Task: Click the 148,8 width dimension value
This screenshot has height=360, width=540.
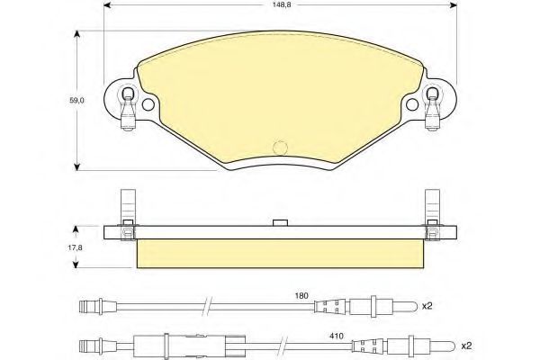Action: [x=280, y=5]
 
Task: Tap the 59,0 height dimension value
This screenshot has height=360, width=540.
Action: [x=76, y=101]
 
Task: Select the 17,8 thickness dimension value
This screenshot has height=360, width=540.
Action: [x=76, y=247]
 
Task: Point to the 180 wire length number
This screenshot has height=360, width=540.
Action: [x=301, y=295]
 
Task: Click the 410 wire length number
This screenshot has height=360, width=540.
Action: [x=337, y=336]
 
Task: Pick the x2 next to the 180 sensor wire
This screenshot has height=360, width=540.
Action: [x=427, y=306]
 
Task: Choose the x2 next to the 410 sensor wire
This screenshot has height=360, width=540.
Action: [x=466, y=346]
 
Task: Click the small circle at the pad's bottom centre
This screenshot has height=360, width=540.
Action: [x=280, y=148]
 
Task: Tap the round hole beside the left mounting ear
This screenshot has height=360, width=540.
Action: [x=148, y=104]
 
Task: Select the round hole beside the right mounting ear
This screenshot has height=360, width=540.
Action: [x=412, y=104]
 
